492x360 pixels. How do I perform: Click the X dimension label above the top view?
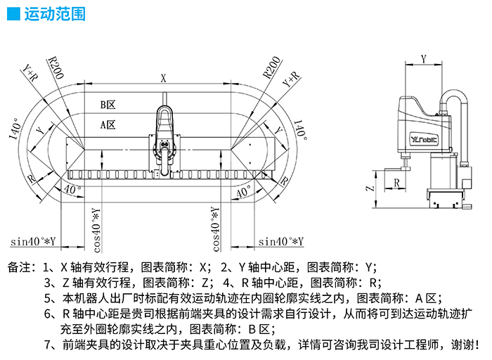tap(164, 79)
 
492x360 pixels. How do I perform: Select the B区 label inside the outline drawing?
tap(107, 105)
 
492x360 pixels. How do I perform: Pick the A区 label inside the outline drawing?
tap(107, 124)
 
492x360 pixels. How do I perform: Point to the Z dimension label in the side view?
tap(370, 189)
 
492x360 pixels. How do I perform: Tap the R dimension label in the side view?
tap(398, 183)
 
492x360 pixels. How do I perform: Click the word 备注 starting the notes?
tap(19, 267)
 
